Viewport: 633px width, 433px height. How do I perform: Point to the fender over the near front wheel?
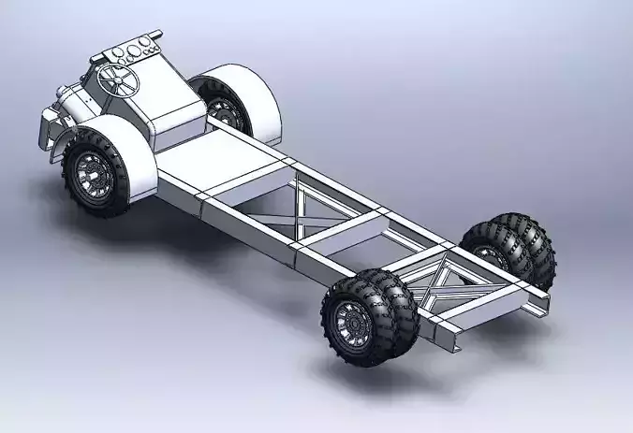[x=122, y=150]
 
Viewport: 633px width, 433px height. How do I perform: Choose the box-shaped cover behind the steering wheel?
[x=178, y=112]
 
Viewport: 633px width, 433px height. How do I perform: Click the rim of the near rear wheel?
[x=352, y=323]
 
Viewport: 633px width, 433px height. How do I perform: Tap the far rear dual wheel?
[x=510, y=248]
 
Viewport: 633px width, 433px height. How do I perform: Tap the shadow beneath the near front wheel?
[x=140, y=224]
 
